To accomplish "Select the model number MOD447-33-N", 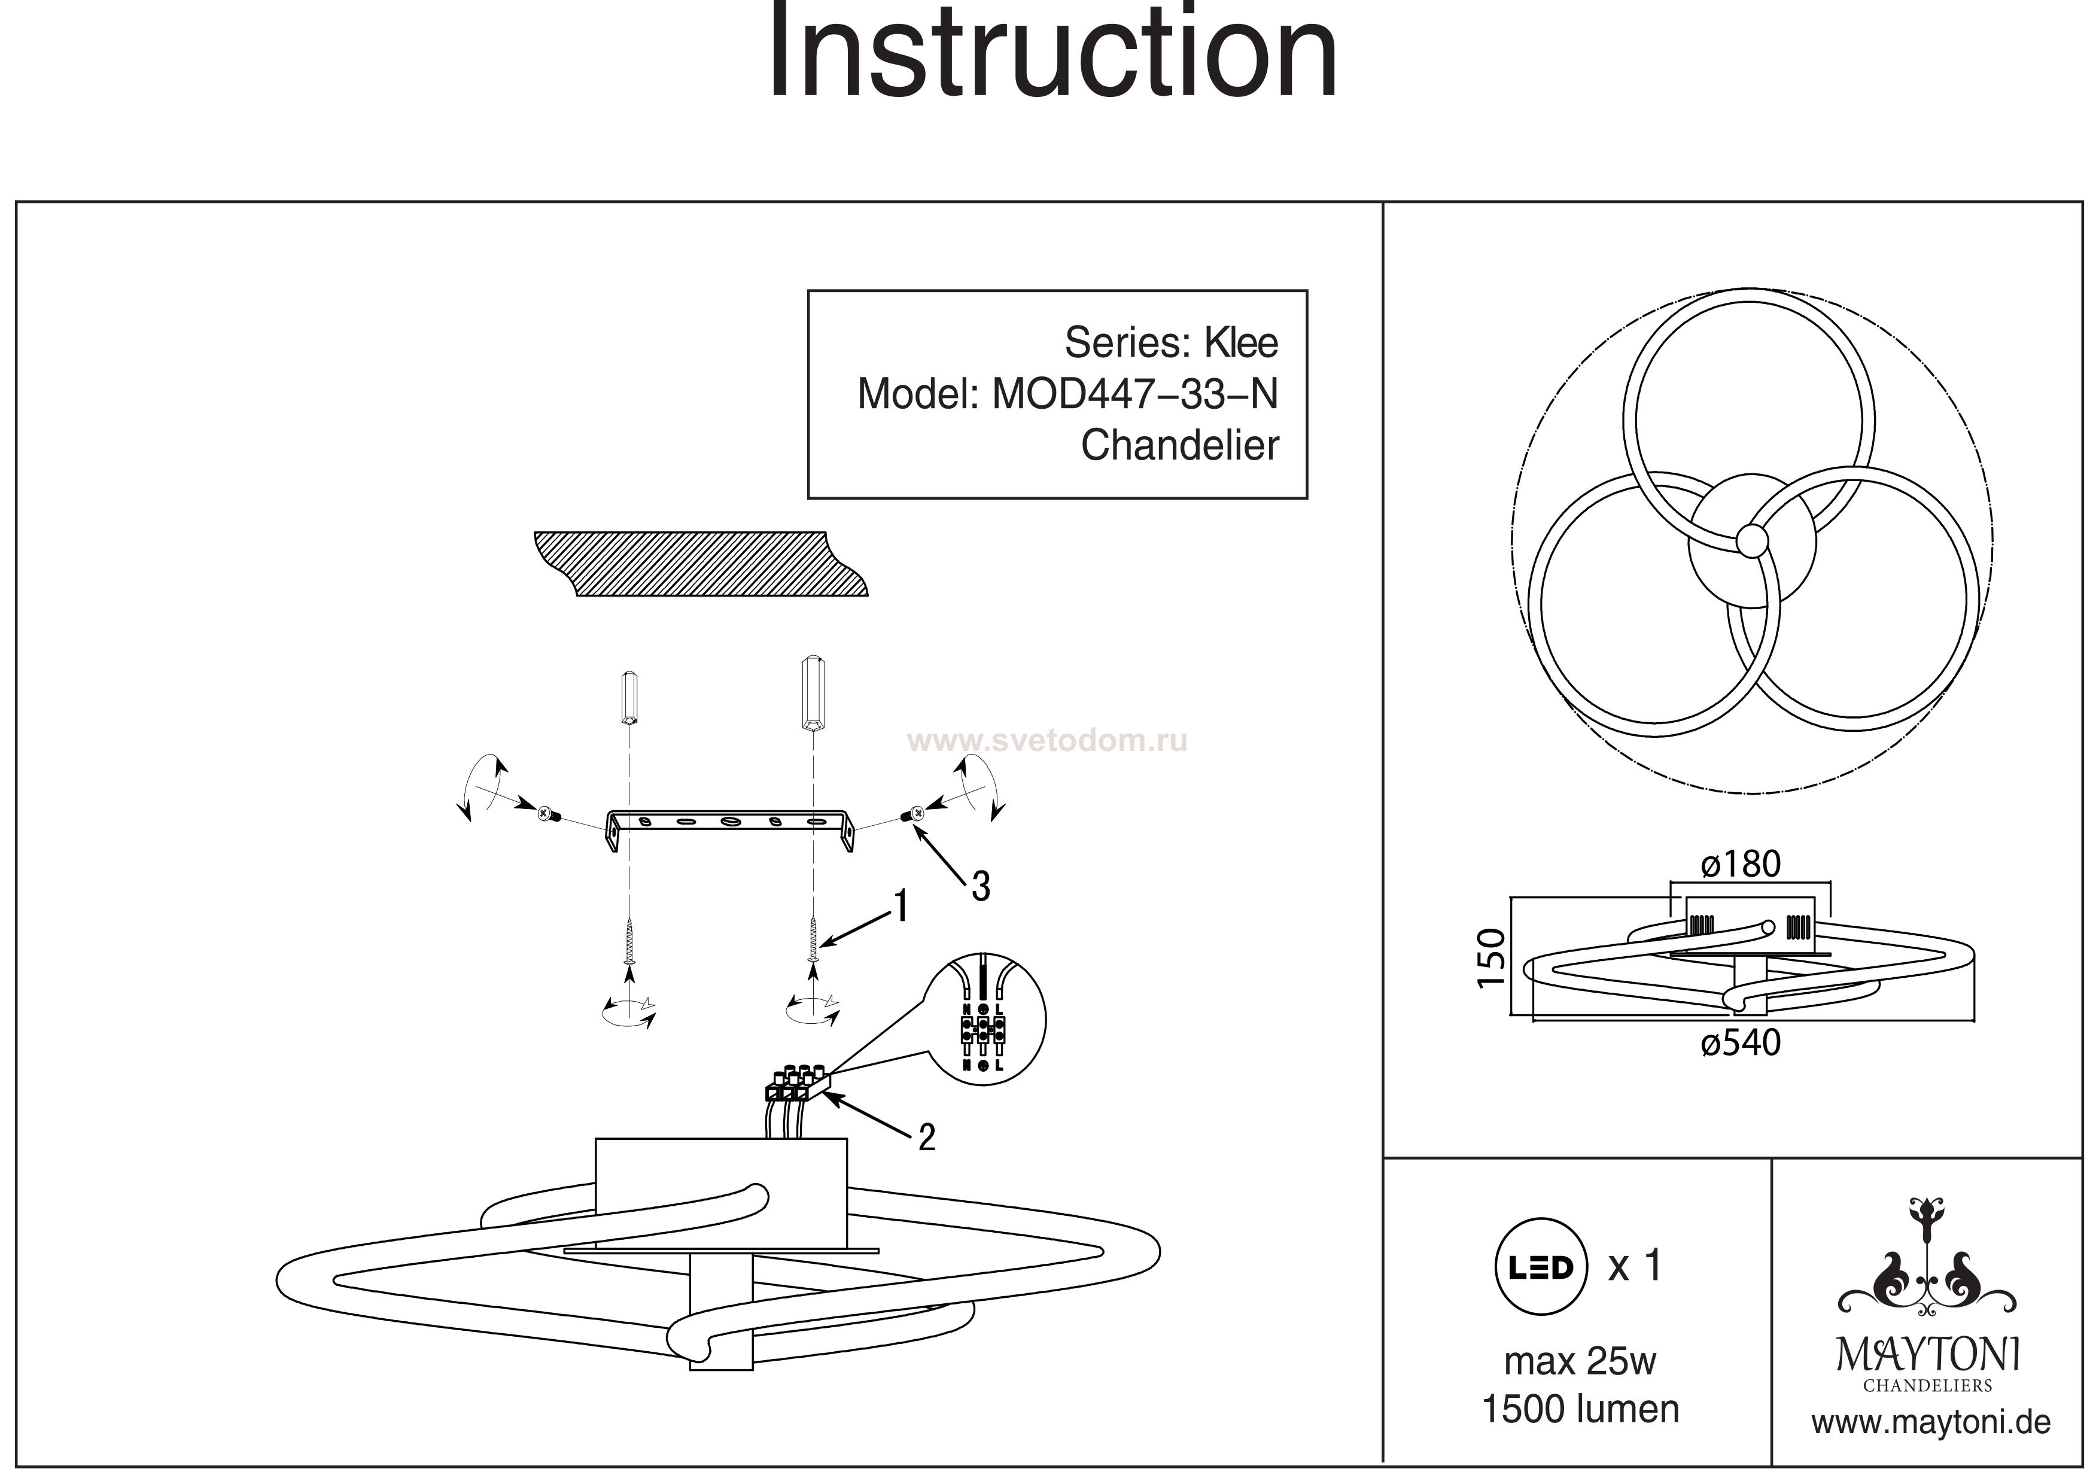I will tap(1134, 394).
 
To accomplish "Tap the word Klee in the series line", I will tap(1240, 343).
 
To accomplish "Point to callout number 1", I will tap(901, 906).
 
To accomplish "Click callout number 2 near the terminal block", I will tap(926, 1138).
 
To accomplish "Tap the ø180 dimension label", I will tap(1741, 864).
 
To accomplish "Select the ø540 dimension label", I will tap(1741, 1042).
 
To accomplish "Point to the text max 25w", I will tap(1580, 1361).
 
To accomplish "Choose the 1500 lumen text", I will tap(1580, 1409).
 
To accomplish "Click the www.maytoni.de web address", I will tap(1931, 1423).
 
